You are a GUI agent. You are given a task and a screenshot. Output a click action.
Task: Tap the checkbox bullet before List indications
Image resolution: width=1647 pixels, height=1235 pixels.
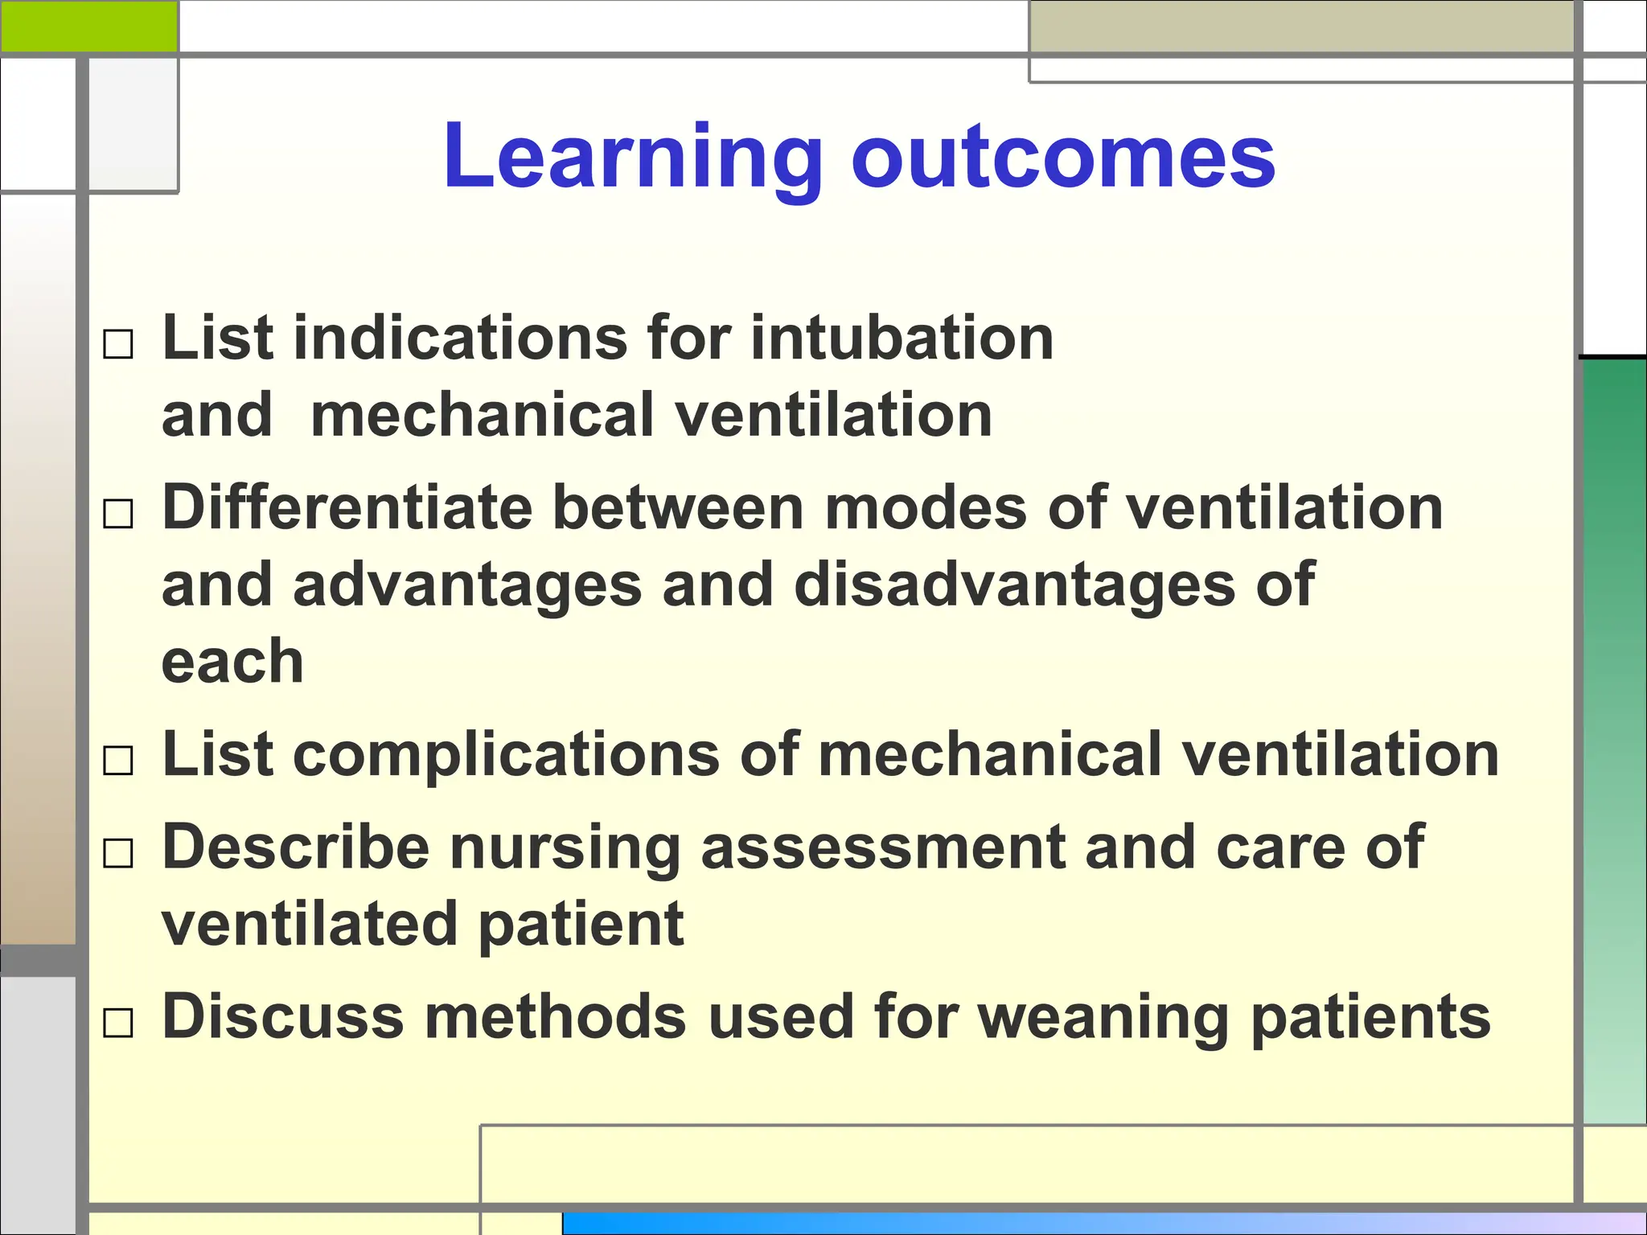(118, 345)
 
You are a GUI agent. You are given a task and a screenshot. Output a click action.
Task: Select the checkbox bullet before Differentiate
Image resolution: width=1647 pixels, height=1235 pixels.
(118, 514)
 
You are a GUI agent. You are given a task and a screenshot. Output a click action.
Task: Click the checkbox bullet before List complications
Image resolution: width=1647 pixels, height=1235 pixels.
(118, 760)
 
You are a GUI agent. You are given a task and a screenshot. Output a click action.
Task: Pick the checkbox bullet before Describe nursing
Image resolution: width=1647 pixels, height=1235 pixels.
(118, 853)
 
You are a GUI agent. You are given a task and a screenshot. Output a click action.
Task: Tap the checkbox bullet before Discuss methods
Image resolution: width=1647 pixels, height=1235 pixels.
(118, 1024)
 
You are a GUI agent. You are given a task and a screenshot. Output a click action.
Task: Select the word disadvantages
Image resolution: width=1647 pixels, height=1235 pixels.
(1014, 585)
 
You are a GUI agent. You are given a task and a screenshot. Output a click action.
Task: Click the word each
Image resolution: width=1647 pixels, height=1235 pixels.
(232, 663)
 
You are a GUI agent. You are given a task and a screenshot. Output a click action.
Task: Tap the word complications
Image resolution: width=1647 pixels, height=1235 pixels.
(507, 756)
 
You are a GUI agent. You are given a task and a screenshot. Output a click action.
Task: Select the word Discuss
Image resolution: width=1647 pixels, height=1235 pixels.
(283, 1017)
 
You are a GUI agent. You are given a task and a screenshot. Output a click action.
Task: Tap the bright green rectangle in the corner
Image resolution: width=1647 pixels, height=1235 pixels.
(88, 26)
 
